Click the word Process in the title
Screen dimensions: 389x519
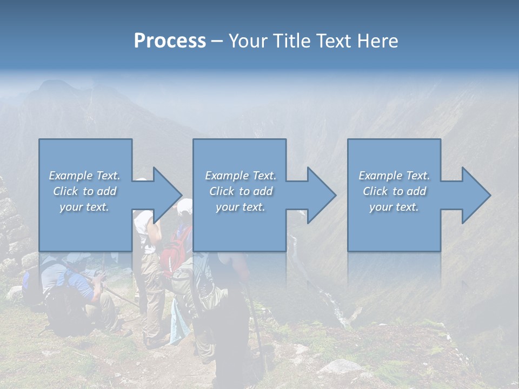coord(170,41)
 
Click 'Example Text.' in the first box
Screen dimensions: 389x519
coord(84,176)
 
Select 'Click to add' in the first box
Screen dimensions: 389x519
coord(84,191)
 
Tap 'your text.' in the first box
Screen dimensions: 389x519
coord(84,207)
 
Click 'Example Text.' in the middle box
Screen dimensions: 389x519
coord(241,176)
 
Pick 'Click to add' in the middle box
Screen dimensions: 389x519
coord(241,191)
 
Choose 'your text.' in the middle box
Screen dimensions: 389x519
coord(241,207)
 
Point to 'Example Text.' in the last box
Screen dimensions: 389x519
coord(394,176)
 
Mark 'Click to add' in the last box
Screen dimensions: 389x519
coord(394,191)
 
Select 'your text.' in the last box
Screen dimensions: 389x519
coord(394,207)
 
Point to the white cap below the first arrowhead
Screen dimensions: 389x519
coord(185,205)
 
